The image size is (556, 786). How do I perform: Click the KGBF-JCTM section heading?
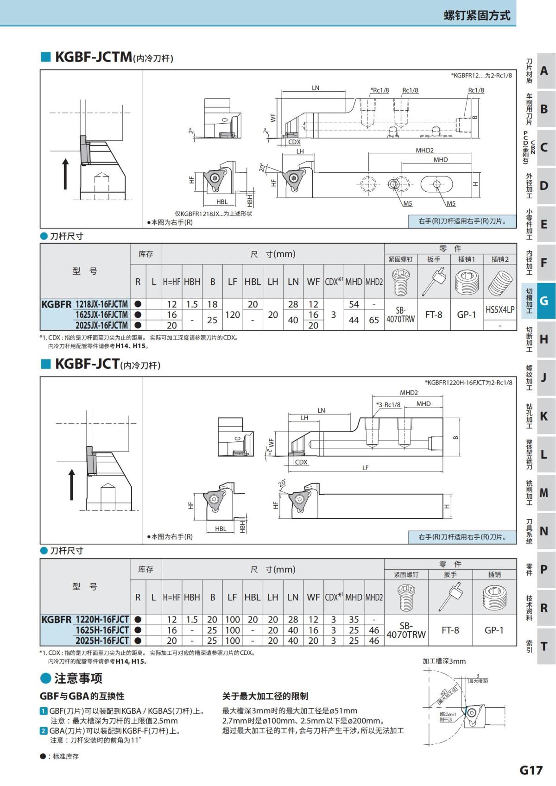point(94,57)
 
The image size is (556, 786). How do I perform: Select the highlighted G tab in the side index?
point(543,301)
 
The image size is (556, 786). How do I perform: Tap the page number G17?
point(531,770)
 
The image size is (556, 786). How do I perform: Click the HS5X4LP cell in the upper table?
point(500,309)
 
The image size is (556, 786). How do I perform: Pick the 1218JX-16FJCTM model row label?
point(102,304)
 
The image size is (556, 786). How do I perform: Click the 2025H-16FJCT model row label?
point(102,641)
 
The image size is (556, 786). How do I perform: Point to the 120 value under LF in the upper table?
point(233,315)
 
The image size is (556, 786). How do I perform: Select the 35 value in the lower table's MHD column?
point(354,620)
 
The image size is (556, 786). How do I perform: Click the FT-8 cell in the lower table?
point(450,630)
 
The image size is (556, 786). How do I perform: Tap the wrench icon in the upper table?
point(434,281)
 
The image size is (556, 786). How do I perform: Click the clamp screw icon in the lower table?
point(406,597)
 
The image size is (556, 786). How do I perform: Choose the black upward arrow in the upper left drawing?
point(65,174)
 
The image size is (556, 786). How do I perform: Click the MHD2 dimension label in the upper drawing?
point(425,150)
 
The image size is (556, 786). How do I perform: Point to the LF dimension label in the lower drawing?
point(366,468)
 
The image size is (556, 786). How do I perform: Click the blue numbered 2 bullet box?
point(43,731)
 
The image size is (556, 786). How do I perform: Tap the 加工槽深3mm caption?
point(444,661)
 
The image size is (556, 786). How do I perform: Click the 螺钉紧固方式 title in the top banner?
point(477,15)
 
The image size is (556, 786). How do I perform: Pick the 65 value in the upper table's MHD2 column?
point(374,320)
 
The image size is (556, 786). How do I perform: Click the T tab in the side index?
point(543,646)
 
